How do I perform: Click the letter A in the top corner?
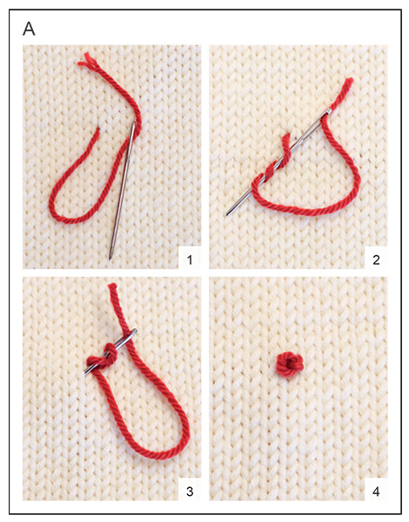pyautogui.click(x=29, y=29)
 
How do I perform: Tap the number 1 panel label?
pyautogui.click(x=190, y=259)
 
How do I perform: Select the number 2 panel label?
pyautogui.click(x=376, y=259)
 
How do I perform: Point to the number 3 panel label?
pyautogui.click(x=190, y=492)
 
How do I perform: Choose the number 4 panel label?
pyautogui.click(x=376, y=492)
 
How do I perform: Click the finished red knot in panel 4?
pyautogui.click(x=290, y=365)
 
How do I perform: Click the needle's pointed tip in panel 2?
pyautogui.click(x=227, y=214)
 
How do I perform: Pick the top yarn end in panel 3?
pyautogui.click(x=112, y=286)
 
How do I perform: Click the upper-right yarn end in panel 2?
pyautogui.click(x=348, y=82)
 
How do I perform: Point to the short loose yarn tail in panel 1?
pyautogui.click(x=96, y=134)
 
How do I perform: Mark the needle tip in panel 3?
pyautogui.click(x=86, y=374)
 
